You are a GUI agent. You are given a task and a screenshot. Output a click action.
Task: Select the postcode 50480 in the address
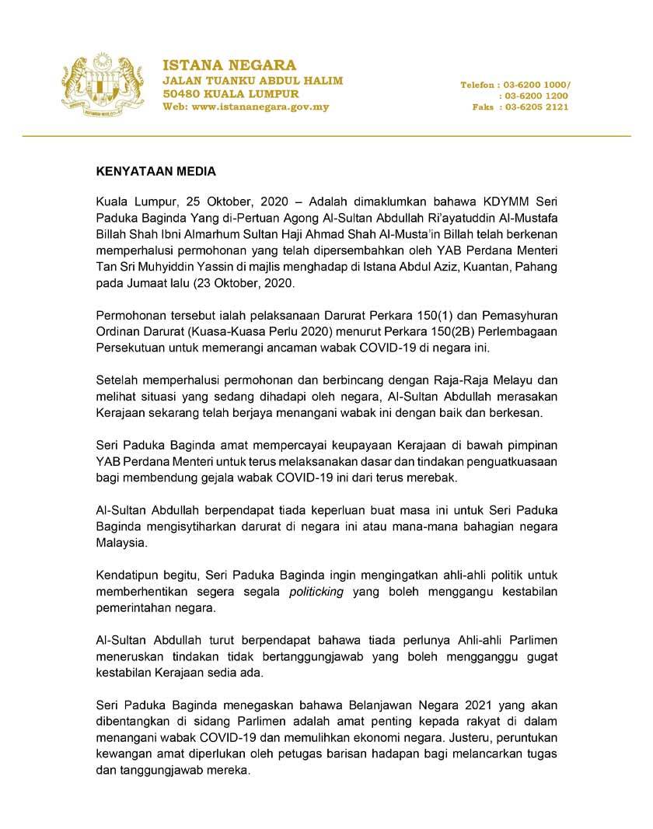coord(180,93)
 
